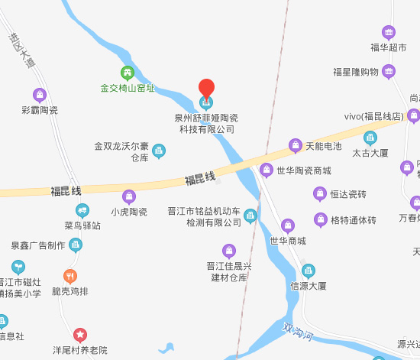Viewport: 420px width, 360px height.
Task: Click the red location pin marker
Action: click(x=206, y=87)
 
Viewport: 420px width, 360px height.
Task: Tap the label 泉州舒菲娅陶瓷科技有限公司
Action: click(x=206, y=124)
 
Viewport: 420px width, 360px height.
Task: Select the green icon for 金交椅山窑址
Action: click(x=128, y=73)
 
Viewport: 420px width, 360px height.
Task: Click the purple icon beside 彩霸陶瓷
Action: click(x=40, y=96)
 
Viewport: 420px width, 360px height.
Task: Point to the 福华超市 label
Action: click(x=389, y=47)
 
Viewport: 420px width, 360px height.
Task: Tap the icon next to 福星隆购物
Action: click(x=389, y=72)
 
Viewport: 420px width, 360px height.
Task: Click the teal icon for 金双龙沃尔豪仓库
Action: click(x=159, y=151)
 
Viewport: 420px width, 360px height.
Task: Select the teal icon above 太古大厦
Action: click(x=370, y=138)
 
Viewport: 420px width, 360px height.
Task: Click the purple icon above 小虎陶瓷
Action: click(x=129, y=196)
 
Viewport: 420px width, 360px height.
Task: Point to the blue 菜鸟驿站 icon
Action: click(x=82, y=210)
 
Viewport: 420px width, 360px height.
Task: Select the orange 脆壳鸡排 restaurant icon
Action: click(x=70, y=276)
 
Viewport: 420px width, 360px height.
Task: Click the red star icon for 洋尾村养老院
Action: click(x=80, y=335)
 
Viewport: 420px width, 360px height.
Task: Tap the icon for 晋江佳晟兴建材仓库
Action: click(x=228, y=250)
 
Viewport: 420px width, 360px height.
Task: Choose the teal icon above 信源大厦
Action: click(x=309, y=271)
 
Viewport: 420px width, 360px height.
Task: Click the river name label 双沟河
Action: click(x=297, y=331)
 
